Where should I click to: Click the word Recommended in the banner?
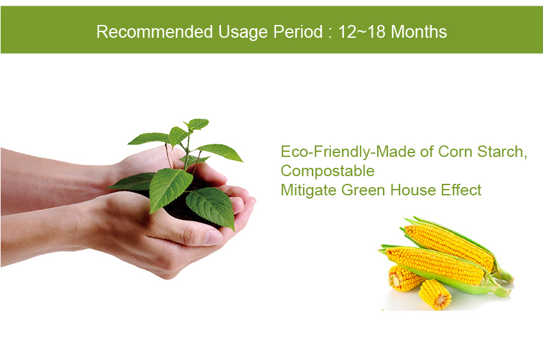click(154, 31)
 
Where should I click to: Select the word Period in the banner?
click(298, 31)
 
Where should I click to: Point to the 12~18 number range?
click(362, 31)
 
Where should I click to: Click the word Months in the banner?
click(419, 31)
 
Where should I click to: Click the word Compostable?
click(328, 171)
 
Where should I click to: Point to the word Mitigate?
click(309, 190)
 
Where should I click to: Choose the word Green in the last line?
click(364, 190)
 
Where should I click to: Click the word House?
click(413, 190)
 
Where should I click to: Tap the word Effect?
click(461, 190)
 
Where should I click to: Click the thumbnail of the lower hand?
click(213, 238)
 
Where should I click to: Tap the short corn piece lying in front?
click(435, 294)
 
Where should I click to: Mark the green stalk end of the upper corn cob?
click(505, 275)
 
